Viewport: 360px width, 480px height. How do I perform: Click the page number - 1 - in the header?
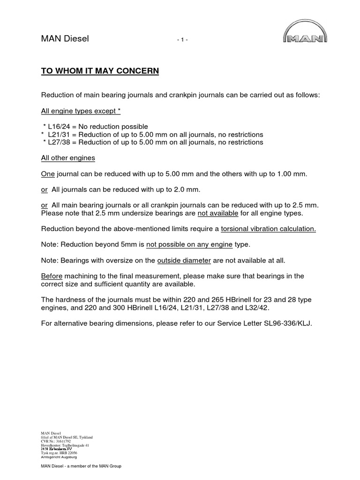[x=182, y=40]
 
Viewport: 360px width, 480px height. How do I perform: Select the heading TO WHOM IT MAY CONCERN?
[x=100, y=71]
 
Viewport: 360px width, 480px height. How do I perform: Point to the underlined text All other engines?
[x=68, y=158]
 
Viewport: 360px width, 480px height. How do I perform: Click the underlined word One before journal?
[x=48, y=174]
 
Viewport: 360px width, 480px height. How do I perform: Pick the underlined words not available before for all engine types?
[x=217, y=213]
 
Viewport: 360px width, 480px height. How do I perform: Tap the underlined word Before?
[x=52, y=276]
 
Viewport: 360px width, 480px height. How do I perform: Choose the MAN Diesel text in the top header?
[x=65, y=39]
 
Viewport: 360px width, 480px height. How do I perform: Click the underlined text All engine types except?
[x=79, y=111]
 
